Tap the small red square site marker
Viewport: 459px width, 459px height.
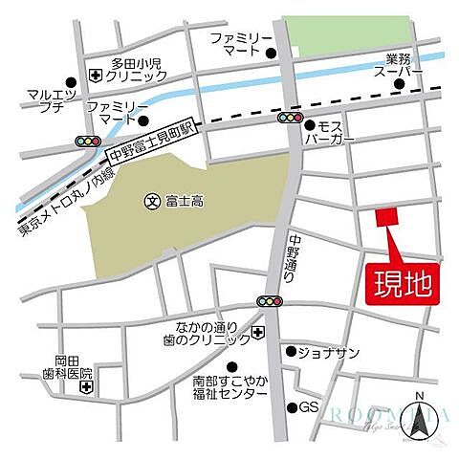[x=384, y=218]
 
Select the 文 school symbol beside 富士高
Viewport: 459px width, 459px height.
[x=150, y=201]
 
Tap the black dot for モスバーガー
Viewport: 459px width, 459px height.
[x=309, y=124]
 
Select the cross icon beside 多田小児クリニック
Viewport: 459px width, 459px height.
[x=97, y=75]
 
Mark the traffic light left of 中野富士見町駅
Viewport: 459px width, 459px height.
[x=88, y=142]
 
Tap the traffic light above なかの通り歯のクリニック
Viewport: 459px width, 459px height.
[x=270, y=303]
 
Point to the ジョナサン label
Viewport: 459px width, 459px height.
[x=329, y=352]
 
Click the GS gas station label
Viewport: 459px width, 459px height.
[x=309, y=406]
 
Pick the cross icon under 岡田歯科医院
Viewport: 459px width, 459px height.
[x=87, y=388]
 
